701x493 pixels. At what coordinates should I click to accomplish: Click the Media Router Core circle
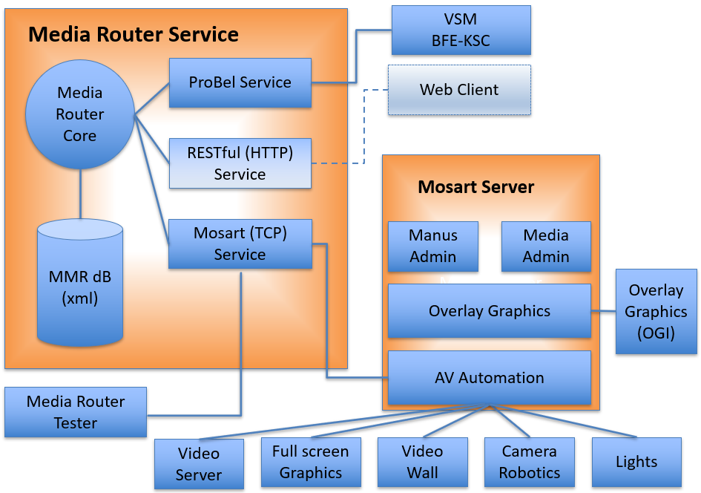(79, 114)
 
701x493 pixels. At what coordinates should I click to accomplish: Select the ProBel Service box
(240, 82)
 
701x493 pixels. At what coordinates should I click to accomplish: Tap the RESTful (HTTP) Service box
(240, 163)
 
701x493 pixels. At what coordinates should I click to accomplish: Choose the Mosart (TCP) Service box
(240, 244)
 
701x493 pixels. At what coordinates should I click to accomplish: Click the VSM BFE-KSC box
(461, 30)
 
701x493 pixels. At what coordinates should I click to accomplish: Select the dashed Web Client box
(459, 90)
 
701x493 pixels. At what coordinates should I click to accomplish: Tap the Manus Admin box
(433, 246)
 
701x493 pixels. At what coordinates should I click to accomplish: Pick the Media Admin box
(546, 246)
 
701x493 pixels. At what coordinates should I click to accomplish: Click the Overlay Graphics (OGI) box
(656, 312)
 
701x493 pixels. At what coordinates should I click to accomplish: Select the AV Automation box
(489, 378)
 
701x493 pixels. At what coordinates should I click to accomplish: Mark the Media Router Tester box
(76, 412)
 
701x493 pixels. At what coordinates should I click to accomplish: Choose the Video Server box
(199, 464)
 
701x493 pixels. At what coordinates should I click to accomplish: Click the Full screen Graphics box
(311, 462)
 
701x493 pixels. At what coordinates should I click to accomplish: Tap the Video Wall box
(422, 462)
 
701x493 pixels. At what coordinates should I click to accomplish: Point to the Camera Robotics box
(530, 462)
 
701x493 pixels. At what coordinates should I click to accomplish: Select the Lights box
(636, 462)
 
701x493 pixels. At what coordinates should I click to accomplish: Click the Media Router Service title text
(134, 34)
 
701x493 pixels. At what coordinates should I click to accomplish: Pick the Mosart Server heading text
(475, 187)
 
